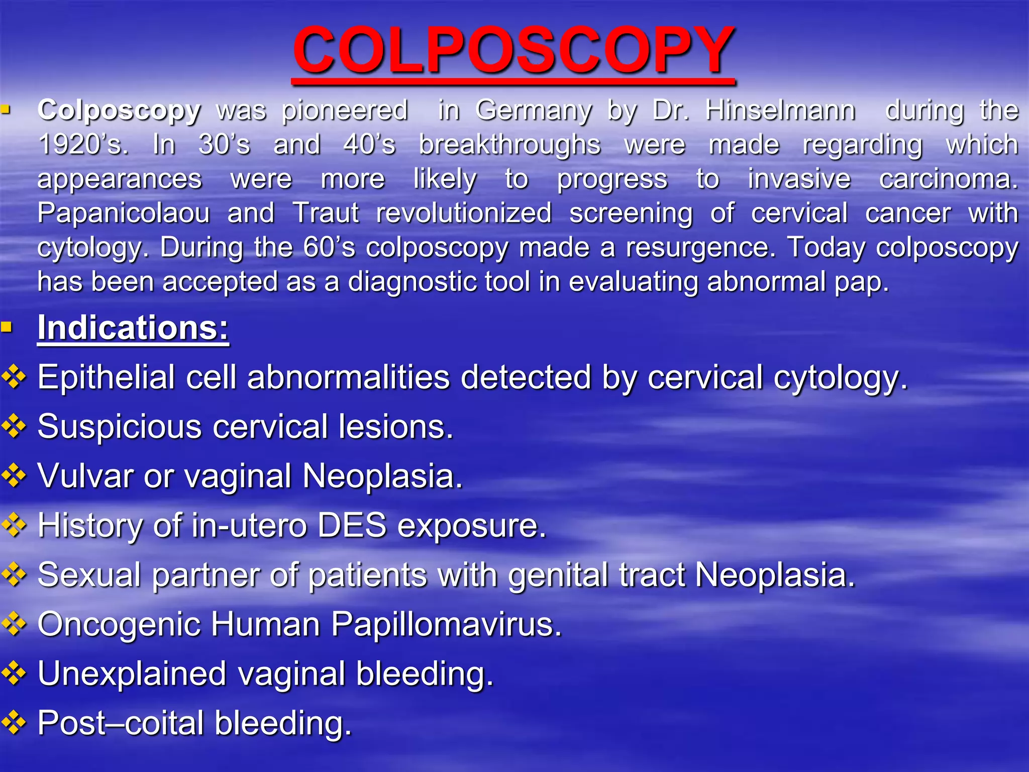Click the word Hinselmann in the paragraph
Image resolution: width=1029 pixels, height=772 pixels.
[780, 110]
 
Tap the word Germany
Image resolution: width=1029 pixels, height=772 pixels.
[534, 111]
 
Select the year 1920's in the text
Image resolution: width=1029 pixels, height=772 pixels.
[83, 145]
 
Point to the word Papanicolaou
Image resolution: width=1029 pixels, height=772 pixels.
[124, 213]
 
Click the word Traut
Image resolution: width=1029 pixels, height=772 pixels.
[326, 213]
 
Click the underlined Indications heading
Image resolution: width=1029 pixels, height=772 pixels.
[133, 328]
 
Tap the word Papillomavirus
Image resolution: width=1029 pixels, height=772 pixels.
[446, 625]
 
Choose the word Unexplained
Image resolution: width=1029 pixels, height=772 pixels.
[132, 673]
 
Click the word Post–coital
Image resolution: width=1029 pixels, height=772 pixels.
[121, 723]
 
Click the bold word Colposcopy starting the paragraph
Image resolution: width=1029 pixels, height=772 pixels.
[119, 111]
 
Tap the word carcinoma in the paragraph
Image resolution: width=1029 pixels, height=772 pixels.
[948, 179]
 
